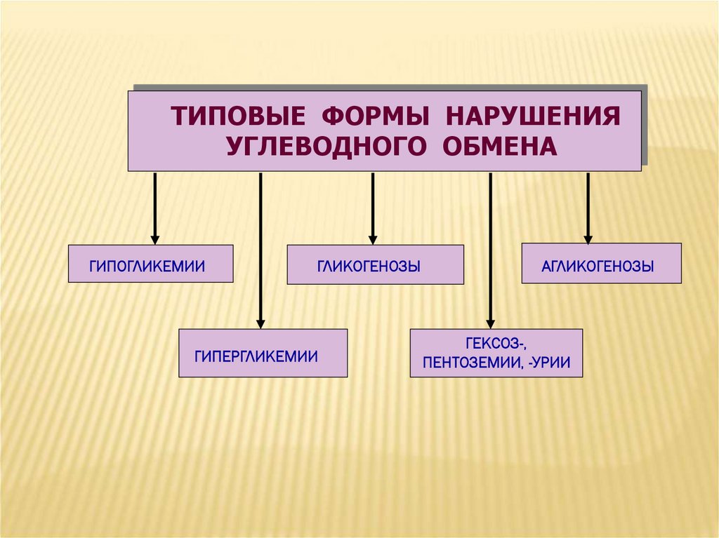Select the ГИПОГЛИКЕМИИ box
(x=150, y=264)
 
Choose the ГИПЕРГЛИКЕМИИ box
(x=263, y=353)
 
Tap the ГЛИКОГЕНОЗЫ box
(x=375, y=264)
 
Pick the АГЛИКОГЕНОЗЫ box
(x=601, y=263)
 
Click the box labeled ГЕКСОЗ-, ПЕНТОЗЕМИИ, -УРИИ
(x=496, y=353)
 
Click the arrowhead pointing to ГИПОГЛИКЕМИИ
(x=155, y=238)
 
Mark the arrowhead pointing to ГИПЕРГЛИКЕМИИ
(x=260, y=323)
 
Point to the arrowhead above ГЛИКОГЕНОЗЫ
(x=373, y=238)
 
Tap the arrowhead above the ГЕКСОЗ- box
(x=490, y=323)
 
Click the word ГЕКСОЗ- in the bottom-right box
(x=496, y=344)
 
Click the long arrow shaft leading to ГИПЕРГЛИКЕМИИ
(x=260, y=246)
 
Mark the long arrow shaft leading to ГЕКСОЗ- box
(x=490, y=246)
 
